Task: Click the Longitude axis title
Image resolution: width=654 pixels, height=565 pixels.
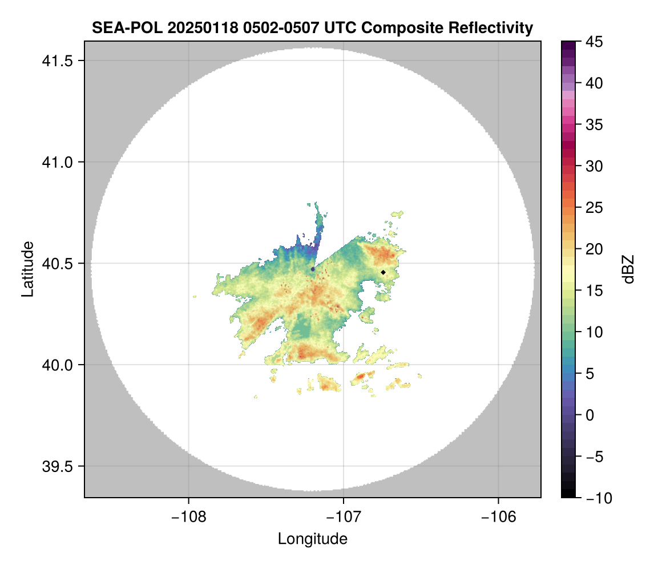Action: point(312,538)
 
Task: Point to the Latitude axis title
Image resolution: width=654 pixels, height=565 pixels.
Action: point(27,269)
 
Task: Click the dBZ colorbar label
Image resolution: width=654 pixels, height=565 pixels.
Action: point(628,269)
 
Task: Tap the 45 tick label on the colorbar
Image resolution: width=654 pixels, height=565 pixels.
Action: point(595,42)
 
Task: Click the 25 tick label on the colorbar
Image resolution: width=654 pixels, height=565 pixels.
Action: point(595,208)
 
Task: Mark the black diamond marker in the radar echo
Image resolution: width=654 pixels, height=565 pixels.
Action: point(383,272)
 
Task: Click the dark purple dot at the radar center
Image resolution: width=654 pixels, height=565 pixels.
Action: point(313,269)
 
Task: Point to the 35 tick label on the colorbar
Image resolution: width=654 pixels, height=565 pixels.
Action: point(595,124)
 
